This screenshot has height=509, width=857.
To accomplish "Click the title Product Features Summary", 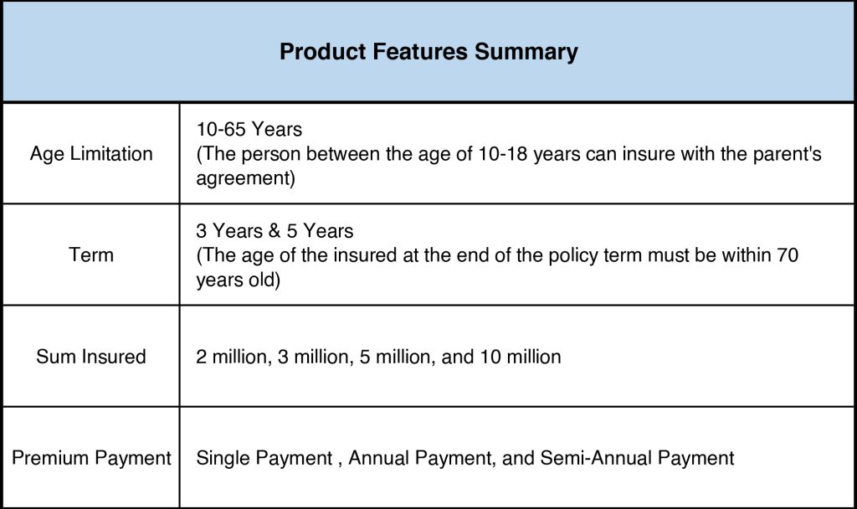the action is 428,51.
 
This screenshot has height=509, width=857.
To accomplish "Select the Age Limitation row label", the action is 91,154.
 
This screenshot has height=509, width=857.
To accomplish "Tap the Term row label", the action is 91,254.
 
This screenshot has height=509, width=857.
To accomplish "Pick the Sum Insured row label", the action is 91,357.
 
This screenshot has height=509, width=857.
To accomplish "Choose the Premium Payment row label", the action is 91,458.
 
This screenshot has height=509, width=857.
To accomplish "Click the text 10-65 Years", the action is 249,130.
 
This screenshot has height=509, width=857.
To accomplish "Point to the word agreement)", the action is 245,178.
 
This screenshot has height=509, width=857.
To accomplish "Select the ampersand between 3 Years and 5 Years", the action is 275,231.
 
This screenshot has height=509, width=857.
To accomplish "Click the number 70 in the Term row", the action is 787,254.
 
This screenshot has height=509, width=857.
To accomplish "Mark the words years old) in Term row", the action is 239,280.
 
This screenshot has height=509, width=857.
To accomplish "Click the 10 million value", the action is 521,357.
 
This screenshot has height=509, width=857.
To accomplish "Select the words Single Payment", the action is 264,458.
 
